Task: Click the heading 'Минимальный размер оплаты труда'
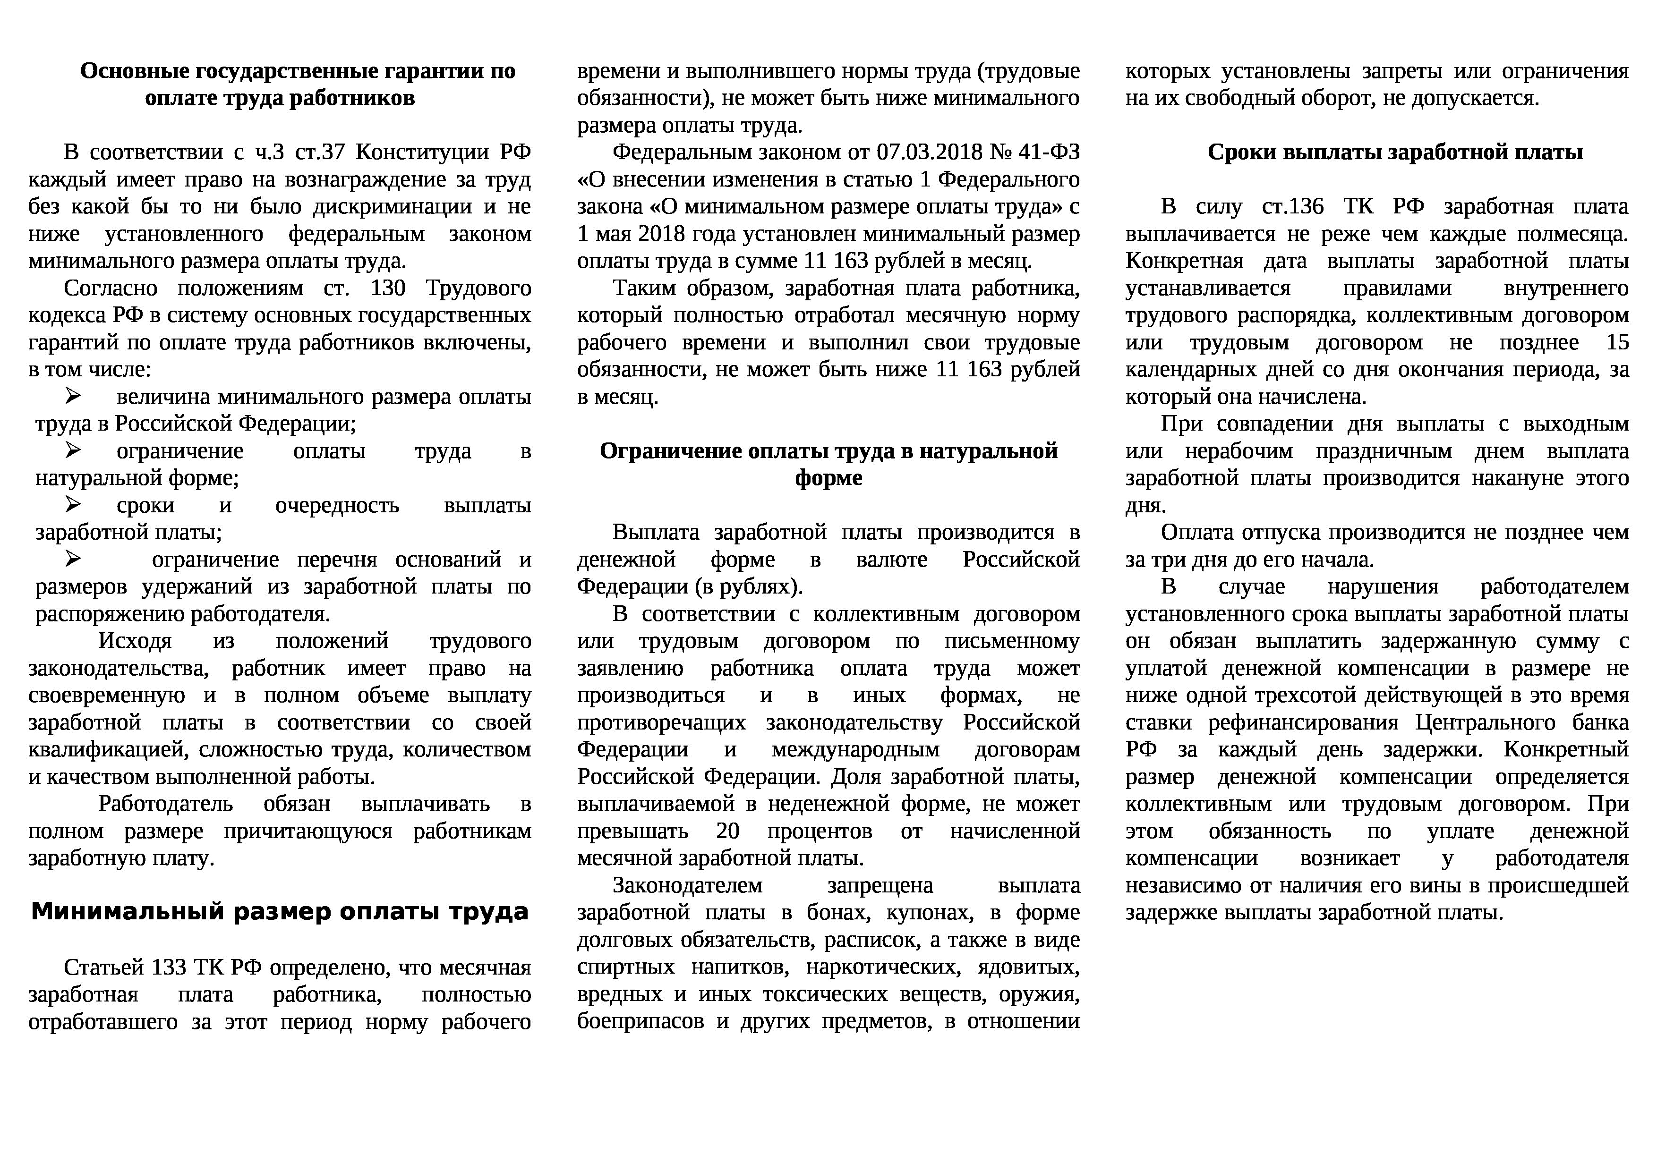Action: (280, 912)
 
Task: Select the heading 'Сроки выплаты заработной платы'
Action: (1395, 152)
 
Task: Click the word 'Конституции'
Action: (423, 152)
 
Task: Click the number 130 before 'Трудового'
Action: (388, 289)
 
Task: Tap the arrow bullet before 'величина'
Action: (73, 396)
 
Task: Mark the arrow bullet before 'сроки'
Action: (73, 504)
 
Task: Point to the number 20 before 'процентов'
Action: (727, 831)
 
